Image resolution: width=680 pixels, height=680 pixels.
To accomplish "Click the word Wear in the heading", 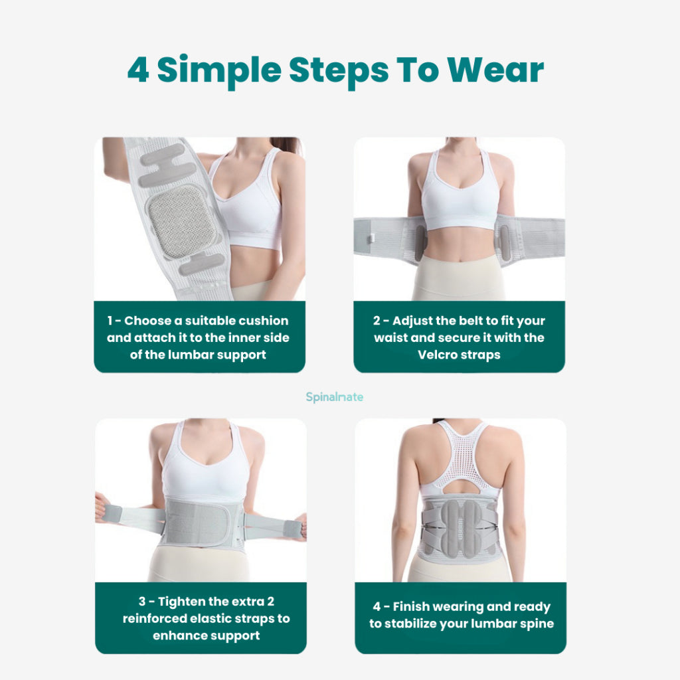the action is coord(495,69).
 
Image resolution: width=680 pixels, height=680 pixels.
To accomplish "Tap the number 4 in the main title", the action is coord(138,69).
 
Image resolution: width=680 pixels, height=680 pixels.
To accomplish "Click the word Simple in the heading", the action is coord(219,72).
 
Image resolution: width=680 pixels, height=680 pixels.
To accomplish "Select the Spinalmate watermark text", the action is coord(335,397).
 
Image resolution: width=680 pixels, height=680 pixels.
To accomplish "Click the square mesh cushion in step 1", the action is coord(182,221).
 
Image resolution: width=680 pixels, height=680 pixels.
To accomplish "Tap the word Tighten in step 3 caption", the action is coord(182,602).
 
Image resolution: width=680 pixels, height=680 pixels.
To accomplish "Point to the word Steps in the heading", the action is coord(339,72).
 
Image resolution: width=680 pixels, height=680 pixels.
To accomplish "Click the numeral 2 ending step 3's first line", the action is coord(271,602).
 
